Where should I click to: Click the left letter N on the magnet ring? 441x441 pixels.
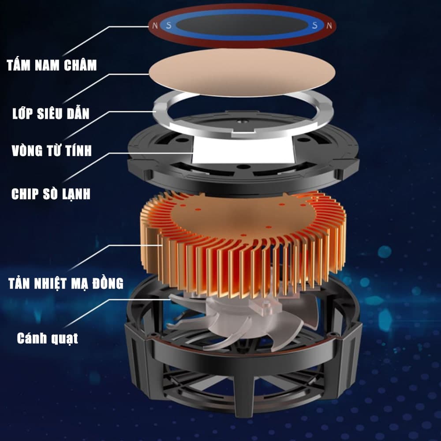pyautogui.click(x=154, y=26)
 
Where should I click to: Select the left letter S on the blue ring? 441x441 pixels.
pyautogui.click(x=168, y=26)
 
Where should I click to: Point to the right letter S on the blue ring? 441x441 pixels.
pyautogui.click(x=314, y=26)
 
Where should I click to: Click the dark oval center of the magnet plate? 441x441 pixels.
pyautogui.click(x=241, y=25)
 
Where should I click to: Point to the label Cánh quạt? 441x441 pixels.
pyautogui.click(x=47, y=339)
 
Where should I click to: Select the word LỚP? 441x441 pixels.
pyautogui.click(x=24, y=114)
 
